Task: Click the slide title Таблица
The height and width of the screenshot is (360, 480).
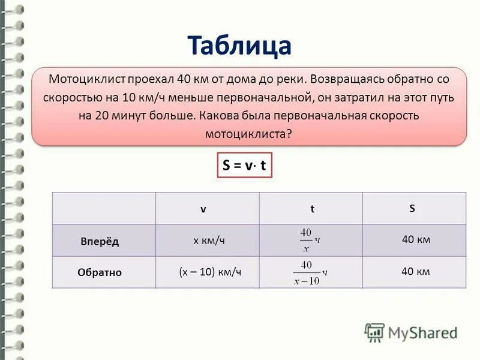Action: point(239,45)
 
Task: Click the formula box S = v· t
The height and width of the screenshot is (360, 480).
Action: point(244,166)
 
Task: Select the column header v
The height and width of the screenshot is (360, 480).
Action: point(203,209)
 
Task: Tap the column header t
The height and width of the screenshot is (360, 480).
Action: point(312,209)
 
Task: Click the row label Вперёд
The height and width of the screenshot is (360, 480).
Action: point(100,241)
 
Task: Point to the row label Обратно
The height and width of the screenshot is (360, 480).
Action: point(100,272)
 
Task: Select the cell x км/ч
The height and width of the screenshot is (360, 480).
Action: point(209,240)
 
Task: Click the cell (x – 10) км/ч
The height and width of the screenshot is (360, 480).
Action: point(210,271)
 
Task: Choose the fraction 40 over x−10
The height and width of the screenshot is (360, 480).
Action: point(307,272)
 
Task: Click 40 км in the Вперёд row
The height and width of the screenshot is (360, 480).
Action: point(416,240)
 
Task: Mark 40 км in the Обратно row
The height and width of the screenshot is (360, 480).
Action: point(416,271)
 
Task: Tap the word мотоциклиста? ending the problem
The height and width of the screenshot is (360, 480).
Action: point(248,133)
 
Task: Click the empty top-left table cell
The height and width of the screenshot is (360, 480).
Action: point(104,208)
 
